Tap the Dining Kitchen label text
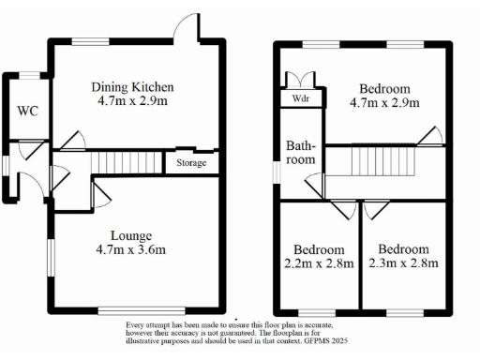coord(132,88)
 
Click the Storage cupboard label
coord(186,163)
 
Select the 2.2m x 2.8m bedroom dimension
coord(319,263)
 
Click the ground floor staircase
coord(125,163)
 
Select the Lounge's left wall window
coord(51,259)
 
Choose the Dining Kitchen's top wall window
coord(89,40)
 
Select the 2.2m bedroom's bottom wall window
coord(315,309)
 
